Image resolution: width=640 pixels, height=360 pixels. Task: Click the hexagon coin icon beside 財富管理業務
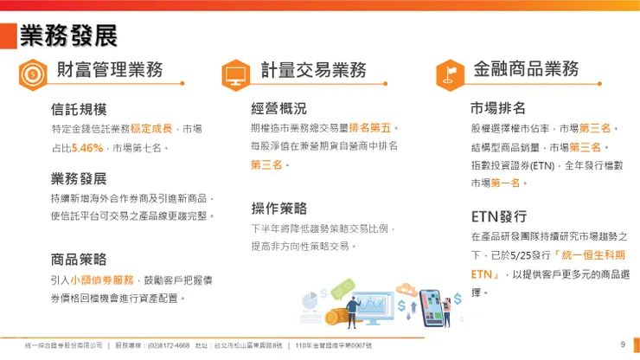(x=33, y=74)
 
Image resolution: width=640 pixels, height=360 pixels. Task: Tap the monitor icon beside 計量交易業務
(x=235, y=74)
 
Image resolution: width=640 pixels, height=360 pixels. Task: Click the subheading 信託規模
(x=79, y=110)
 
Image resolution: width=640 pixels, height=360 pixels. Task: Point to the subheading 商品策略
(x=79, y=259)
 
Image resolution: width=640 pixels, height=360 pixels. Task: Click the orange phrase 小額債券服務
(x=102, y=280)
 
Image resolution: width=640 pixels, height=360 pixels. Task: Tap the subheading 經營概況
(x=278, y=109)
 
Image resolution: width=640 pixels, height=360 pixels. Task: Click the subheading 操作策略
(x=278, y=209)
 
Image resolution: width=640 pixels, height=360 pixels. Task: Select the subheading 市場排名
(x=498, y=109)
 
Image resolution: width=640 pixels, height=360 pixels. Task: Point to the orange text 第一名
(x=509, y=183)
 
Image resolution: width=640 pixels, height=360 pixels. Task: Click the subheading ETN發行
(x=499, y=216)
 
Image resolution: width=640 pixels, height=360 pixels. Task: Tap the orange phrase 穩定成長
(x=155, y=128)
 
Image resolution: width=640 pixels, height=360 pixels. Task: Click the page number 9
(x=623, y=345)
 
